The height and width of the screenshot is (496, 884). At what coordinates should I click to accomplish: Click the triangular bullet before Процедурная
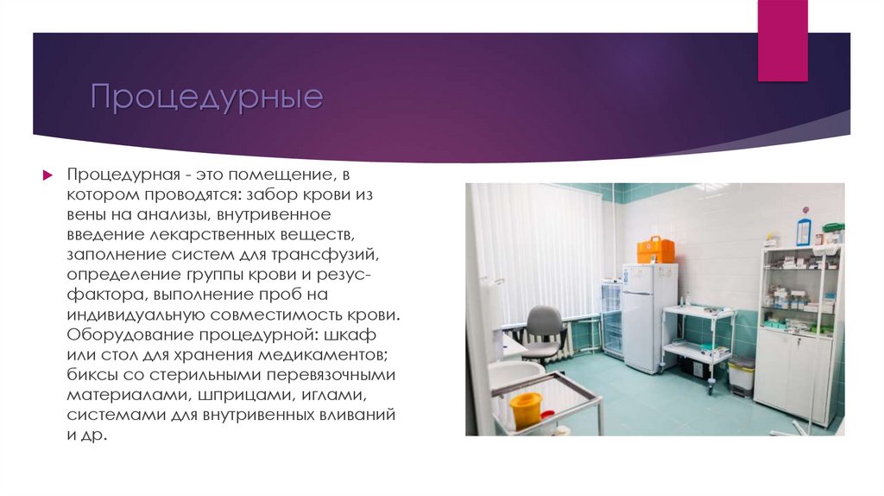pos(48,175)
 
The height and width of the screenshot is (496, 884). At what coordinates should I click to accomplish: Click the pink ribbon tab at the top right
pos(782,40)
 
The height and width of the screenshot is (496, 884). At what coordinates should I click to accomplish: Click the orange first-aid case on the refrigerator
pos(655,251)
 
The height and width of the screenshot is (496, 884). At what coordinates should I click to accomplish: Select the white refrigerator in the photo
pos(648,318)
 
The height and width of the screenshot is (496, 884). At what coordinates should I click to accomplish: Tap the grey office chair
pos(544,333)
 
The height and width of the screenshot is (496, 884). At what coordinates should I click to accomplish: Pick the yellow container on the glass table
pos(525,409)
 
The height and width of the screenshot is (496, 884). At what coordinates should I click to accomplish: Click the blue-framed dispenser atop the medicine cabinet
pos(804,231)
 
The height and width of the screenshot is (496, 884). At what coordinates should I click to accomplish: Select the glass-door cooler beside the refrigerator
pos(611,320)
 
